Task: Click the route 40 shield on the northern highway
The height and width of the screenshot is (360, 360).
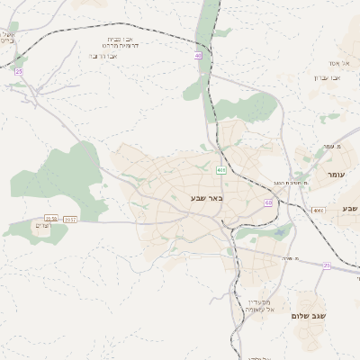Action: [198, 56]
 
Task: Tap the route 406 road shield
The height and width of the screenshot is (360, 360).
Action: [221, 169]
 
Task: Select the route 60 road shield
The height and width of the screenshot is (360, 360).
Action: [268, 202]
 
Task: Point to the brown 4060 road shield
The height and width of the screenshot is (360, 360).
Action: [318, 210]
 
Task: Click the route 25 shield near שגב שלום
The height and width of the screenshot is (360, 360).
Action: [327, 265]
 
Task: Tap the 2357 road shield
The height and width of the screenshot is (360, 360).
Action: [70, 219]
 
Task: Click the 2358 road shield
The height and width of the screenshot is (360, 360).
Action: [51, 219]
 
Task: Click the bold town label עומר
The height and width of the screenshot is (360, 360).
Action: [337, 174]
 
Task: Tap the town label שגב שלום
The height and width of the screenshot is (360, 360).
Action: [308, 316]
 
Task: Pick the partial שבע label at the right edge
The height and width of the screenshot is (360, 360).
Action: [349, 209]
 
